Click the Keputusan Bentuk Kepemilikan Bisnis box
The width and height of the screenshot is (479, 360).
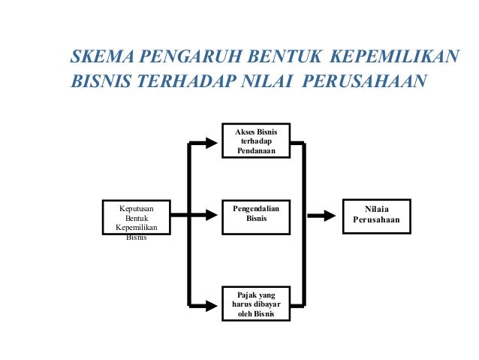[137, 217]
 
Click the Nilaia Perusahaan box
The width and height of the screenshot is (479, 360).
[377, 216]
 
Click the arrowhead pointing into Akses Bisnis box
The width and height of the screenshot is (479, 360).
[215, 141]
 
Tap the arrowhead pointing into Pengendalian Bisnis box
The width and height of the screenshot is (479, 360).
[215, 216]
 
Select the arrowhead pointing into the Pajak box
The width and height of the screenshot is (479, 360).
[215, 304]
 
